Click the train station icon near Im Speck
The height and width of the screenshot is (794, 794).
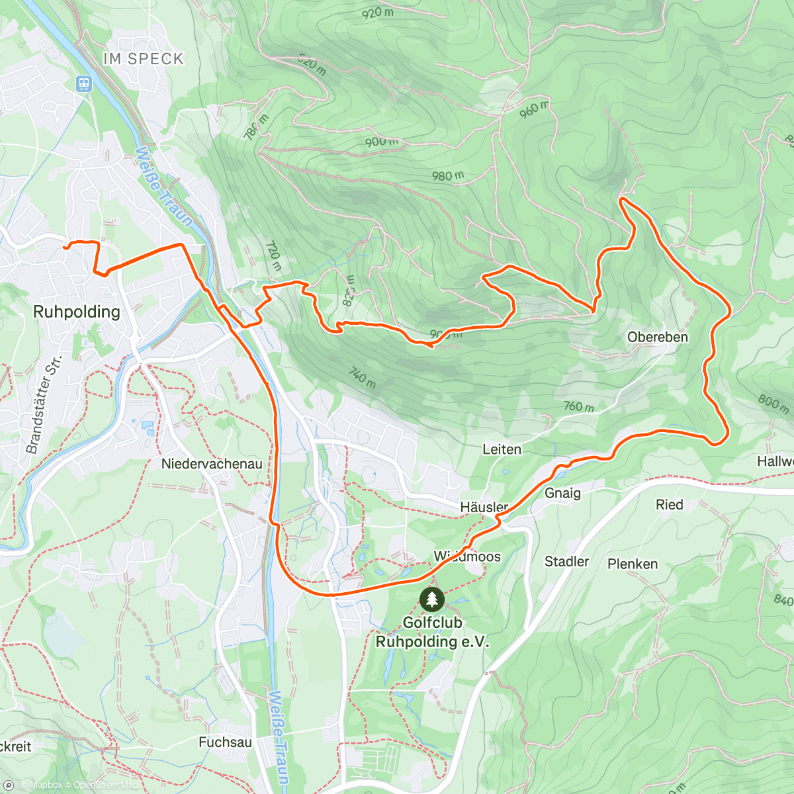pos(83,83)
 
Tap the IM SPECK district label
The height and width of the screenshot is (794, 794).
pos(143,59)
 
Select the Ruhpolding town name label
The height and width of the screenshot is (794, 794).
pos(77,312)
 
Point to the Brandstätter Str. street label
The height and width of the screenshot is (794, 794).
pos(44,404)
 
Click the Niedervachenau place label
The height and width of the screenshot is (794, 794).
pos(212,464)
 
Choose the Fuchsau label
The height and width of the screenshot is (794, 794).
pos(225,742)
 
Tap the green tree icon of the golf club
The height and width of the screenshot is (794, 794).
pos(432,599)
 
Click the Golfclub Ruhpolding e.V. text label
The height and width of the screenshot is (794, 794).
pos(432,632)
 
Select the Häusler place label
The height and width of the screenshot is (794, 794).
pos(484,507)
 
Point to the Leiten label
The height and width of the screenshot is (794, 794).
pos(502,449)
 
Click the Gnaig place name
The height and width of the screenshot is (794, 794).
pos(562,493)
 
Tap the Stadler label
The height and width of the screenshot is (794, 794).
pos(566,561)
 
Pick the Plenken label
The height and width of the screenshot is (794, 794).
pos(633,564)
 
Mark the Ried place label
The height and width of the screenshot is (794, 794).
pos(669,505)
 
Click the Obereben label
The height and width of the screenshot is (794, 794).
pos(657,337)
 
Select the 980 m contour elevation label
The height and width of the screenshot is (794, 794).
pos(447,176)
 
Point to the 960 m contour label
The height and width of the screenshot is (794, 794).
pos(533,109)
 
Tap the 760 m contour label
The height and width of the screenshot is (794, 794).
pos(578,406)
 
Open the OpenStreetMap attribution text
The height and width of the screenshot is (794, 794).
pos(106,785)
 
